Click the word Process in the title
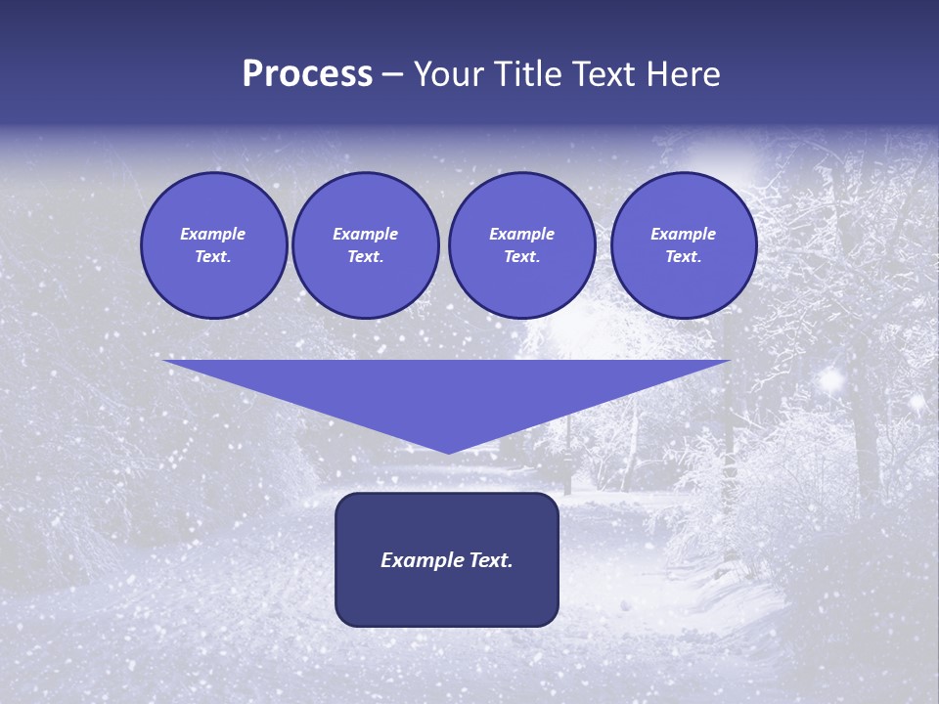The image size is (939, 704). (x=307, y=74)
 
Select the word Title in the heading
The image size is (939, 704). (x=528, y=74)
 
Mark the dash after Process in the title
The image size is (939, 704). (x=392, y=75)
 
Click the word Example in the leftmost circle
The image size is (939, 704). (x=213, y=234)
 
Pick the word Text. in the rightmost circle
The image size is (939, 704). (x=683, y=256)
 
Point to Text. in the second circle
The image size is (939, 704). (x=365, y=256)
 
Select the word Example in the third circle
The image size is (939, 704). (x=521, y=234)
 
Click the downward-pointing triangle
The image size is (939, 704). (x=447, y=391)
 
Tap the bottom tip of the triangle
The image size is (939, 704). (x=448, y=451)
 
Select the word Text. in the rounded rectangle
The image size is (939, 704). (x=489, y=560)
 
